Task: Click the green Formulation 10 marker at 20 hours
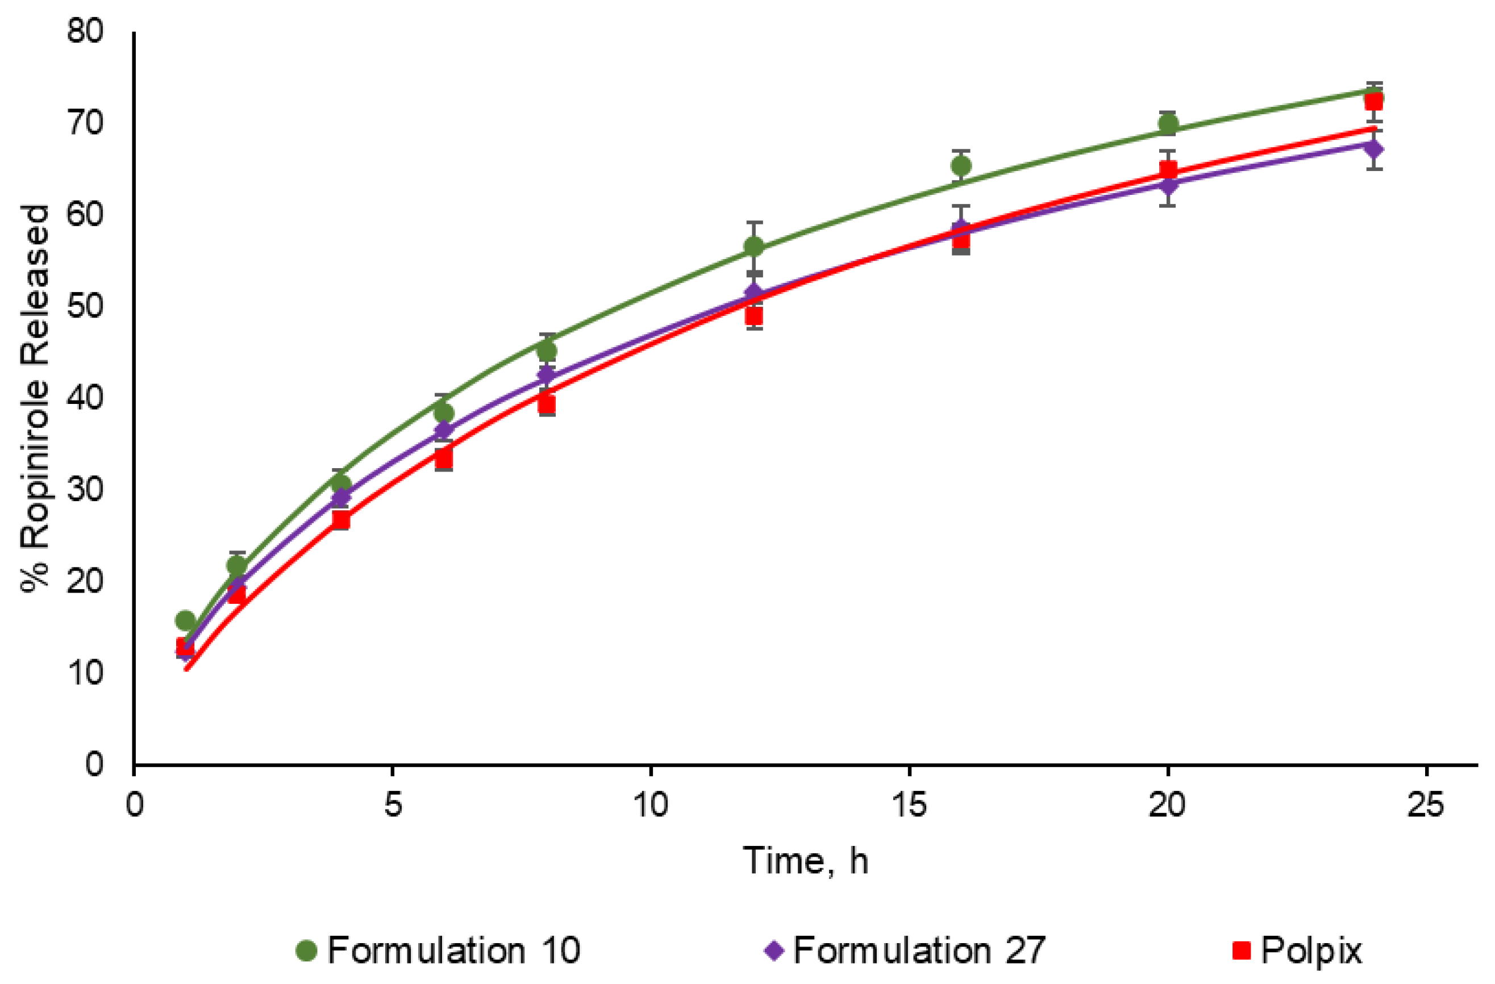[x=1168, y=124]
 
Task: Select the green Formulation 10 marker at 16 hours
[x=961, y=166]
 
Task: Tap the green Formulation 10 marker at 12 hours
[x=754, y=246]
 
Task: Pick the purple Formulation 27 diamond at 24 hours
[x=1374, y=149]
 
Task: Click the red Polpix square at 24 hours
[x=1374, y=101]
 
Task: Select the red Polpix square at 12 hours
[x=754, y=315]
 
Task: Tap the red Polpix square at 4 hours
[x=340, y=519]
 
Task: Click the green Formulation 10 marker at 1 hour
[x=185, y=620]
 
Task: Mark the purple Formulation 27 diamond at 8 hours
[x=547, y=375]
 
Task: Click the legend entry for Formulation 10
[x=439, y=950]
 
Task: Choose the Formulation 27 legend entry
[x=905, y=950]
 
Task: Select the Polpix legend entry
[x=1297, y=950]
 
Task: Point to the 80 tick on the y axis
[x=85, y=30]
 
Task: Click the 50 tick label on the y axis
[x=85, y=306]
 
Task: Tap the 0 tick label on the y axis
[x=94, y=764]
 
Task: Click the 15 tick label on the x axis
[x=909, y=804]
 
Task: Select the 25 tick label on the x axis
[x=1425, y=804]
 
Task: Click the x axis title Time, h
[x=806, y=860]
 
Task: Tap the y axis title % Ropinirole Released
[x=35, y=399]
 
